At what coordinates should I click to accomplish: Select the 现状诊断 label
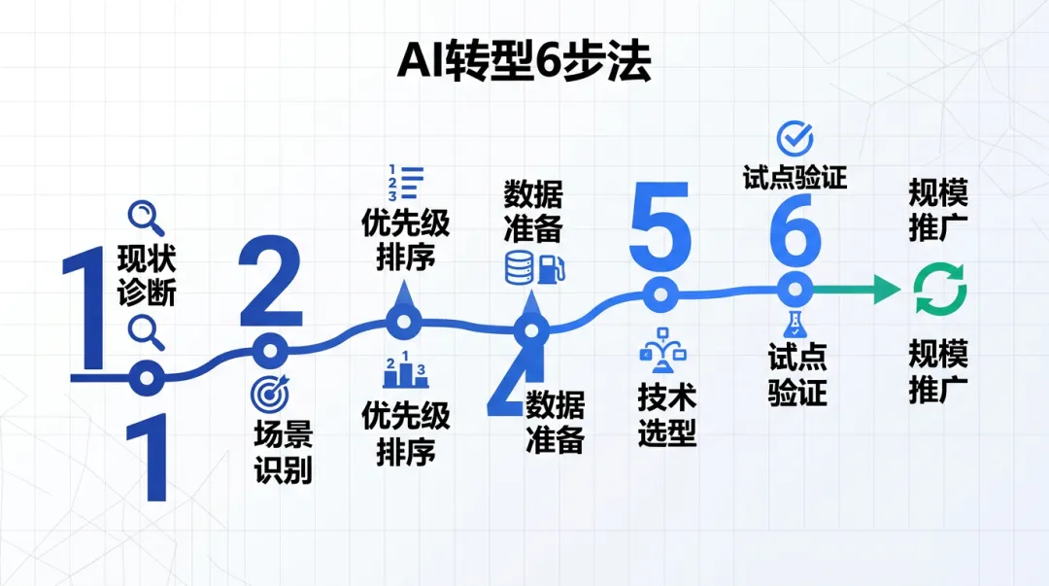coord(147,276)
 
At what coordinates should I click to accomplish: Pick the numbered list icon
coord(406,183)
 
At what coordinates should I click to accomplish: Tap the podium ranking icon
coord(406,370)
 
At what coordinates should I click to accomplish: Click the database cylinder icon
coord(518,267)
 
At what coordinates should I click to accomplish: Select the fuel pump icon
coord(549,267)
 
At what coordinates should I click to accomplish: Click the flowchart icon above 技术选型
coord(660,351)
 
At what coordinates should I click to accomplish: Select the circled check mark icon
coord(795,139)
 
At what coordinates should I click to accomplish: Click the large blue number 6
coord(795,236)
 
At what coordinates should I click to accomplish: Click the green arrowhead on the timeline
coord(886,289)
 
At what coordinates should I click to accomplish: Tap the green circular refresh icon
coord(939,290)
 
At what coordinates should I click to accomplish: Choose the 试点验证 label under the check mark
coord(795,178)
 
